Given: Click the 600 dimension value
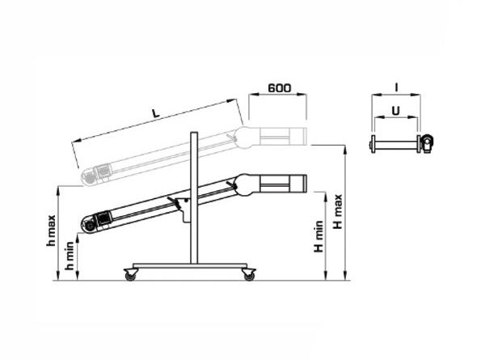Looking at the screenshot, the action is pos(280,88).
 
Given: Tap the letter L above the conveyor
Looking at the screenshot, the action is pos(156,112).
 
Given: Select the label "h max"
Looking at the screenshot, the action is pos(51,231).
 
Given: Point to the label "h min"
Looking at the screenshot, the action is pos(70,256).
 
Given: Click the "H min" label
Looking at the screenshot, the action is pos(318,236).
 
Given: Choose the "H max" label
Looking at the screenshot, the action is pos(338,211).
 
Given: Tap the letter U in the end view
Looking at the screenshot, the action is pos(395,111).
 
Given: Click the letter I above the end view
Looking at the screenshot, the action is pos(396,88).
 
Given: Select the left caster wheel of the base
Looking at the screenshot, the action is pos(130,275).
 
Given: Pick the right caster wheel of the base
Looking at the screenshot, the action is pos(249,275).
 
